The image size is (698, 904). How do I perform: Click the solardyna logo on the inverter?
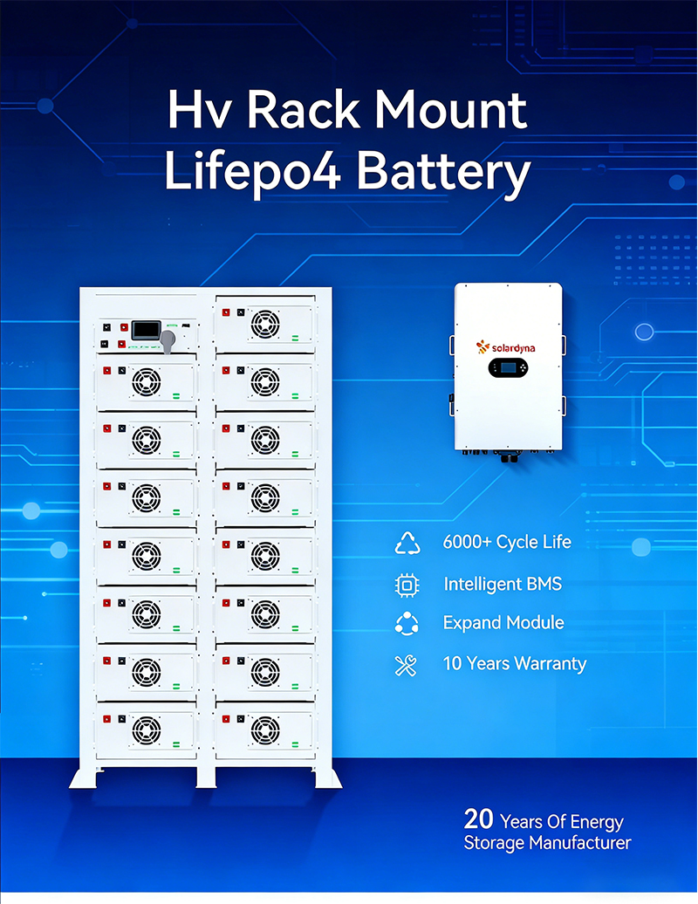coord(506,346)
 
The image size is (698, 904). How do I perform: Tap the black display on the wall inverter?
coord(506,368)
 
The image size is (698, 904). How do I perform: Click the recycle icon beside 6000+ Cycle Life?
coord(407,543)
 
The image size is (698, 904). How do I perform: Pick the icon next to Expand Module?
coord(407,624)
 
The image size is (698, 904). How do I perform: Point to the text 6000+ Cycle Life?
coord(507,542)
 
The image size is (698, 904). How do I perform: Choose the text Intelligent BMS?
coord(503,584)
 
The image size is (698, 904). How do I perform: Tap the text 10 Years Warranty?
coord(515,663)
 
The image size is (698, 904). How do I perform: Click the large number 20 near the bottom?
coord(479,820)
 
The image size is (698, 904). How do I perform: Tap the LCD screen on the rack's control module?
coord(145,331)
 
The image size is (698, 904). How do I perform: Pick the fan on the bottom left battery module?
coord(146,729)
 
